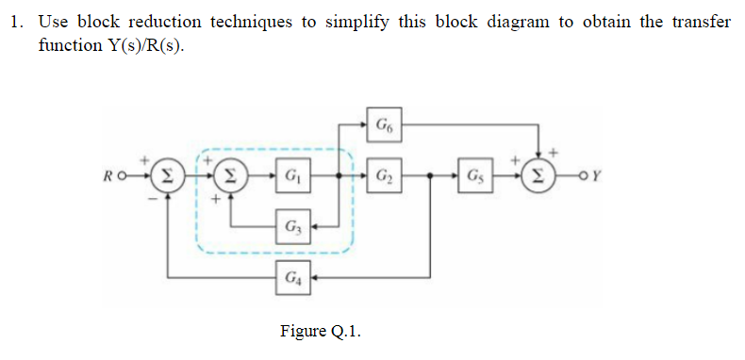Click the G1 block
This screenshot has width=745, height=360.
click(x=290, y=176)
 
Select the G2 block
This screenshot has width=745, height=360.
click(x=385, y=176)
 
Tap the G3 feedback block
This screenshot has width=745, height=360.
click(x=290, y=226)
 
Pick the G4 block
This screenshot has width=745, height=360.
click(x=290, y=278)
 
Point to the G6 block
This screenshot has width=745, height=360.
click(x=385, y=123)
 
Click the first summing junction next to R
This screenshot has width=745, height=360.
click(x=166, y=176)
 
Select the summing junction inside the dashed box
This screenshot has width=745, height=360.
click(x=229, y=176)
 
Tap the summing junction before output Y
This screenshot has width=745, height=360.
click(x=538, y=176)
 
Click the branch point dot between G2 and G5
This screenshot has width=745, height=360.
click(x=430, y=176)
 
